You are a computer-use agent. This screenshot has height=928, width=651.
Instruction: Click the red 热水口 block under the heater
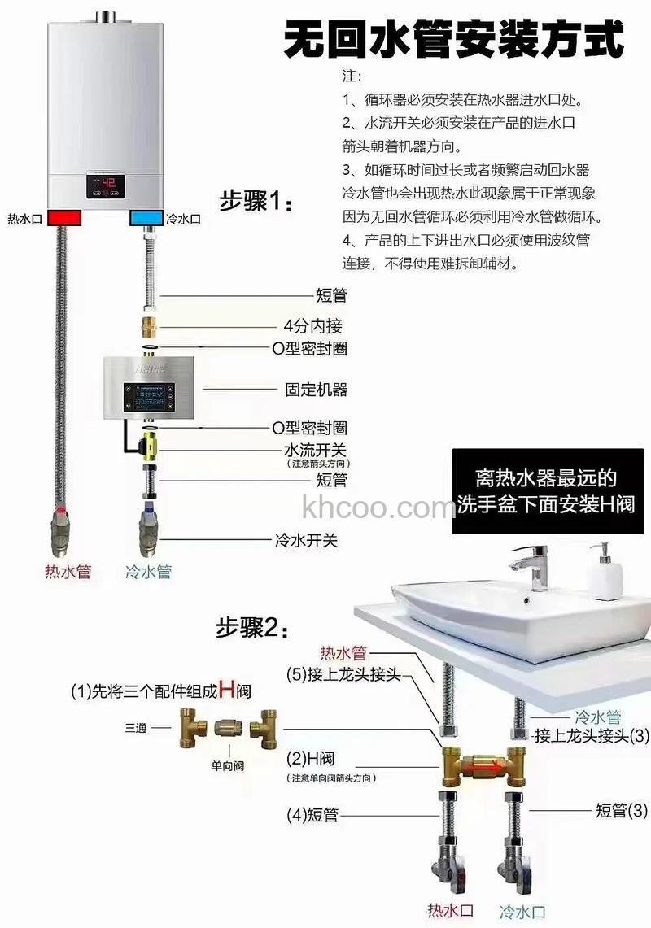pyautogui.click(x=64, y=219)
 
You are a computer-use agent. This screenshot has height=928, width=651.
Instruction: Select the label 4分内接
pyautogui.click(x=312, y=326)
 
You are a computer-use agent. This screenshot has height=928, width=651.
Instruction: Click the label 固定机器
pyautogui.click(x=316, y=390)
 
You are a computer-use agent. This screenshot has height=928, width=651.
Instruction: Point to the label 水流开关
pyautogui.click(x=314, y=450)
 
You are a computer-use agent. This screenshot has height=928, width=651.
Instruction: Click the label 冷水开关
pyautogui.click(x=305, y=539)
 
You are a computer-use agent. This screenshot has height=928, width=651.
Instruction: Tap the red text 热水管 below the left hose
pyautogui.click(x=68, y=572)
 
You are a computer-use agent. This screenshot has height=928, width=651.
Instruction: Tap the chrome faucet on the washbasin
pyautogui.click(x=534, y=566)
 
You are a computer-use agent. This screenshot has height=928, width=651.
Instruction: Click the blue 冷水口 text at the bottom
pyautogui.click(x=522, y=912)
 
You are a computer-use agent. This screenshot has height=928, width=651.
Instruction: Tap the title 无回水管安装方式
pyautogui.click(x=453, y=39)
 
